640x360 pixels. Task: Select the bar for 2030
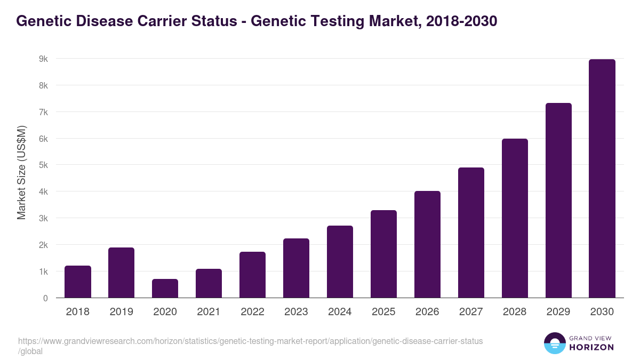[602, 179]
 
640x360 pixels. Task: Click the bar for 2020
[165, 289]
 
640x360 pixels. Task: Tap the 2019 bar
[121, 273]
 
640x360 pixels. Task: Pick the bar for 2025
[383, 254]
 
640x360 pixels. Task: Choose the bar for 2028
[515, 218]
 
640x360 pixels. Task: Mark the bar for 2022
[252, 275]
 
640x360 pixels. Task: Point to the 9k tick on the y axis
[42, 59]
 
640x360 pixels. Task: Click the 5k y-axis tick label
[42, 165]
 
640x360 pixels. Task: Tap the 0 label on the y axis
[45, 298]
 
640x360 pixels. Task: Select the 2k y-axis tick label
[42, 245]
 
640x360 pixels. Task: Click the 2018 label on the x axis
[77, 312]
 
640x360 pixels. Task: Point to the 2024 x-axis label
[340, 312]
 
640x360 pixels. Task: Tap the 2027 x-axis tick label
[471, 312]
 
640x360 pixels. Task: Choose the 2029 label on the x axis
[558, 312]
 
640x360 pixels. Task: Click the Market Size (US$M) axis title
[21, 172]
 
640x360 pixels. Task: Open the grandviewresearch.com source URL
[250, 341]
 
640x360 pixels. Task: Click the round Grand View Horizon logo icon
[555, 343]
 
